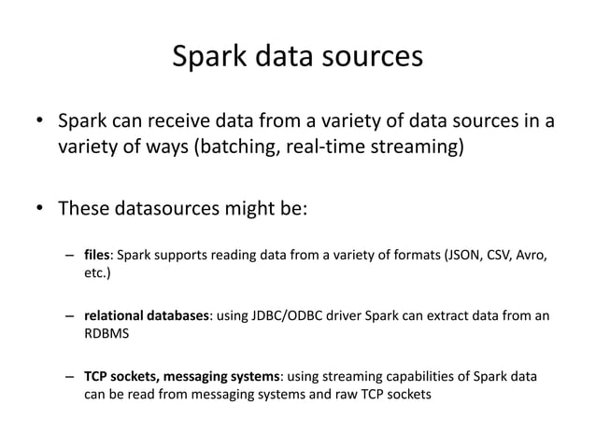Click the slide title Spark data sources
[298, 57]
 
